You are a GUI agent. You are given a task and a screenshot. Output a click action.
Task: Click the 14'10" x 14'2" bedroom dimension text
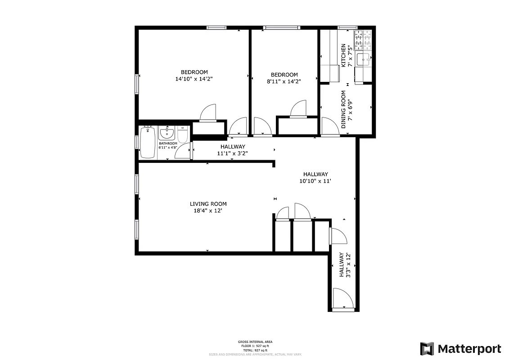point(194,79)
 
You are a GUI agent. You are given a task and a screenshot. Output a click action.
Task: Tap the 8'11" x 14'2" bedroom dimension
point(284,81)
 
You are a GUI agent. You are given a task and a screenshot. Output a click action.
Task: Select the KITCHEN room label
point(343,55)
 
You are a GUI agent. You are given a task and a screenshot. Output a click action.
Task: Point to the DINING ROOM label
point(343,110)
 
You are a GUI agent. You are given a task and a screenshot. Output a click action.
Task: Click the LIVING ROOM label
point(208,204)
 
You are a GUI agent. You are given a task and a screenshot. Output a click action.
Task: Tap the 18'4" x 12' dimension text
point(208,211)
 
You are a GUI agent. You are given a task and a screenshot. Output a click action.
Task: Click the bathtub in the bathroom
point(148,143)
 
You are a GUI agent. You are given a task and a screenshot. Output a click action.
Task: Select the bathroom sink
point(167,133)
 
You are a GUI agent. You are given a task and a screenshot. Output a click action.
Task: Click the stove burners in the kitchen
point(364,40)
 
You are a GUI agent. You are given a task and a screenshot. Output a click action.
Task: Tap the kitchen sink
point(364,58)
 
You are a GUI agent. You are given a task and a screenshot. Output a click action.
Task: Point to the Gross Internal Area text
point(255,342)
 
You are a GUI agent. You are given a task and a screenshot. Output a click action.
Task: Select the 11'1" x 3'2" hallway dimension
point(233,153)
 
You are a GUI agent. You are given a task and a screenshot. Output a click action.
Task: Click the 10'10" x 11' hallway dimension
point(315,181)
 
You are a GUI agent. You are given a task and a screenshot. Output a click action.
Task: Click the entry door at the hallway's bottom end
point(343,299)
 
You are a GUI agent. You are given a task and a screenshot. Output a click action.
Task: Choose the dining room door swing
point(330,126)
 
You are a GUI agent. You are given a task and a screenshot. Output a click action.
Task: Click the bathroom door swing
point(182,152)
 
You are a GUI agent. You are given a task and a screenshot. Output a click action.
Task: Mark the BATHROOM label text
point(168,144)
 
